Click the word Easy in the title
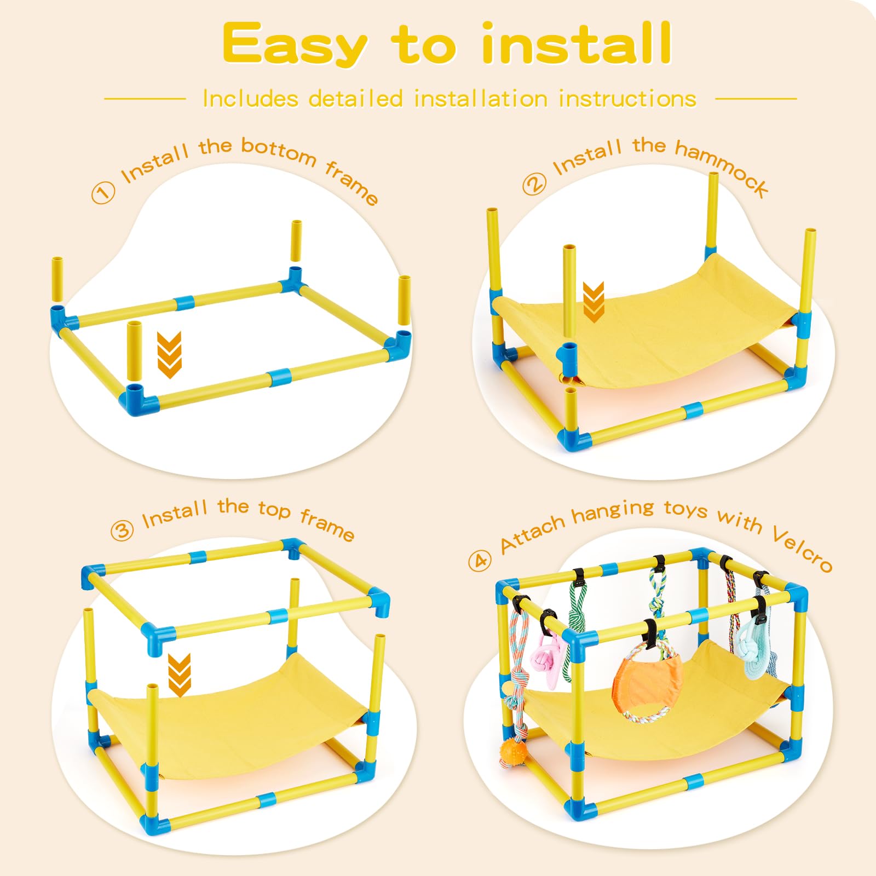click(x=294, y=45)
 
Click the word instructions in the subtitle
click(x=627, y=99)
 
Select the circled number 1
click(x=103, y=193)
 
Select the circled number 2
click(x=534, y=184)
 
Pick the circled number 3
click(x=122, y=530)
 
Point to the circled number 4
click(x=480, y=561)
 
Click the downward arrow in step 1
click(x=169, y=354)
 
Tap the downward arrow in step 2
click(x=593, y=302)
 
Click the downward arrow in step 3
click(x=179, y=675)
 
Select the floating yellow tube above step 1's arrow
click(x=134, y=351)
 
